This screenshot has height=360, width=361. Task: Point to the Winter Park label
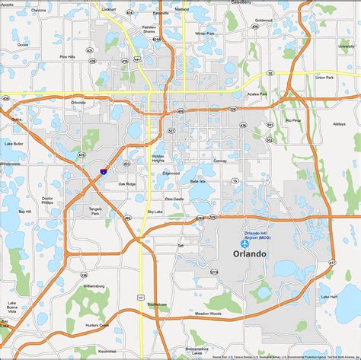point(205,34)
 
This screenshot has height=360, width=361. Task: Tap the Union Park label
point(324,77)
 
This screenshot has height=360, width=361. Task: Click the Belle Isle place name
point(197,182)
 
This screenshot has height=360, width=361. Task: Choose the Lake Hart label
point(329,296)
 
